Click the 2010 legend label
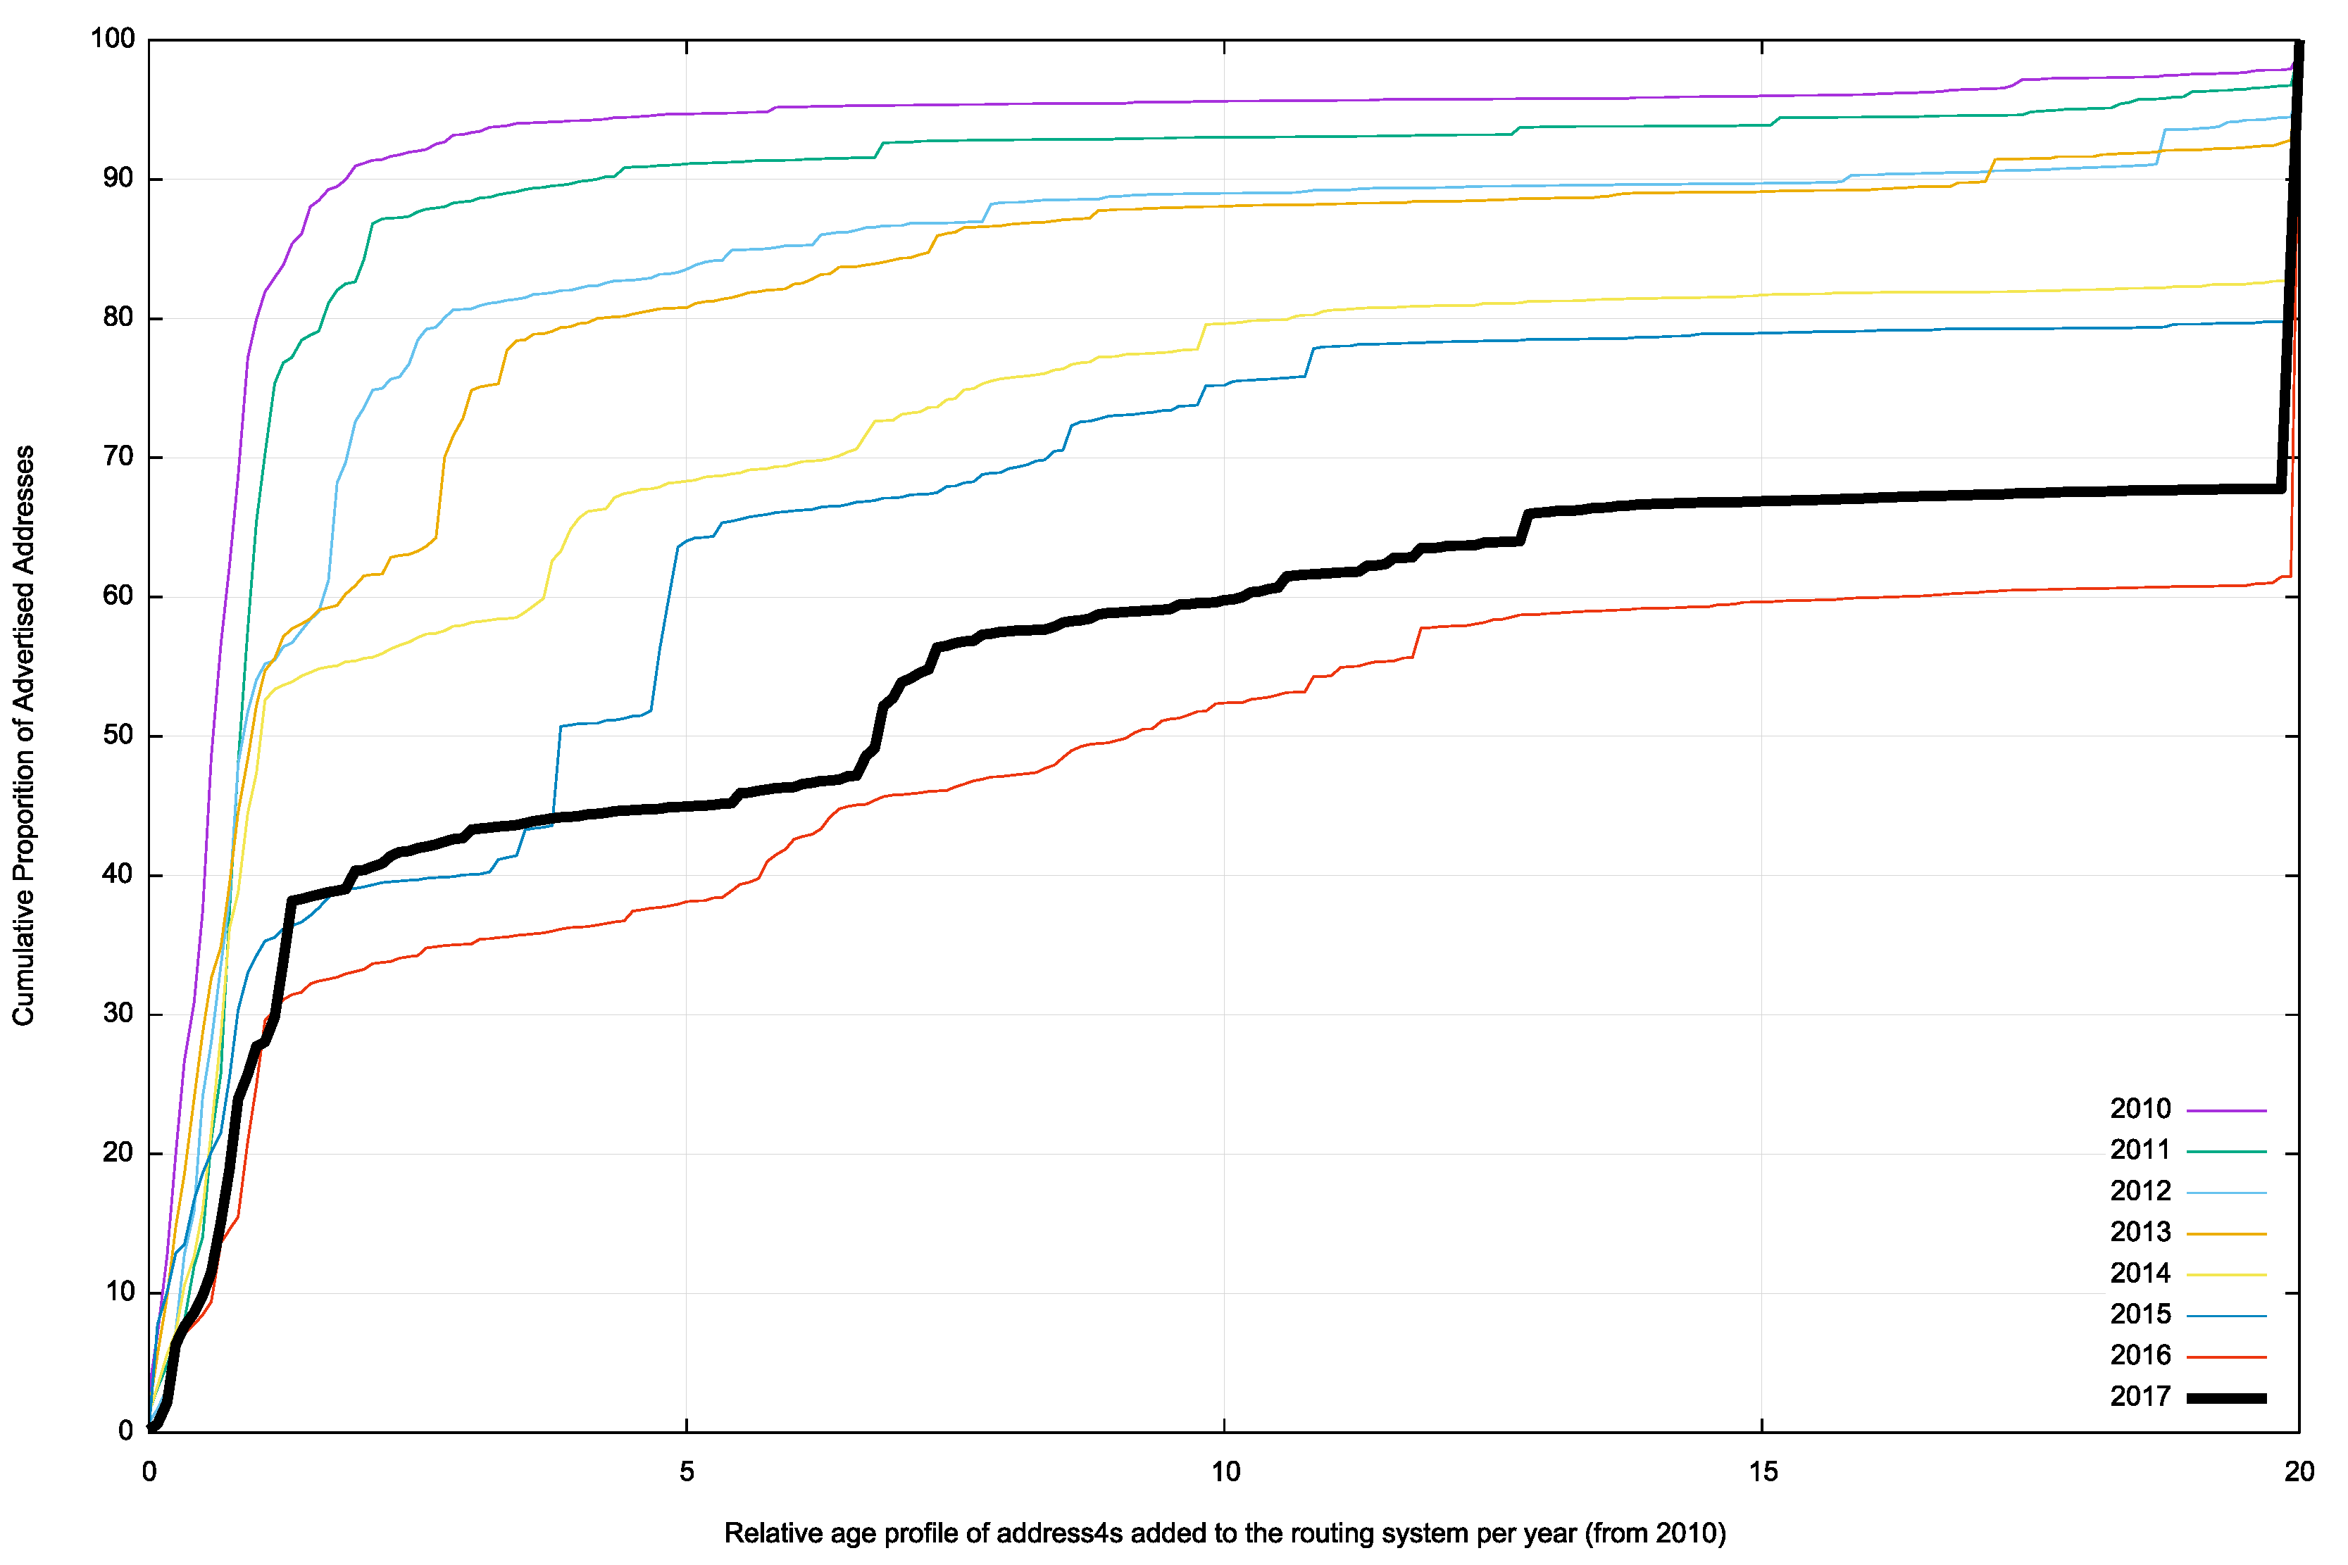[x=2140, y=1109]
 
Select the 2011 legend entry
[x=2140, y=1150]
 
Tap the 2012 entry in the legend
[x=2140, y=1190]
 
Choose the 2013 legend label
[x=2140, y=1233]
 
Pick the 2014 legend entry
[x=2140, y=1274]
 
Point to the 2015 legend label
[x=2140, y=1314]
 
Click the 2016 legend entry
[x=2140, y=1355]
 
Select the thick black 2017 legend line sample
[x=2226, y=1397]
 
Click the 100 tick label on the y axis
[x=112, y=39]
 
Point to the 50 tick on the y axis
[x=118, y=736]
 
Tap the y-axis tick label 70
[x=118, y=457]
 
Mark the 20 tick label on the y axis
[x=118, y=1152]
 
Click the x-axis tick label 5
[x=687, y=1472]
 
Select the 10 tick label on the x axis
[x=1225, y=1472]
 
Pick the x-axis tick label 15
[x=1763, y=1472]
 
